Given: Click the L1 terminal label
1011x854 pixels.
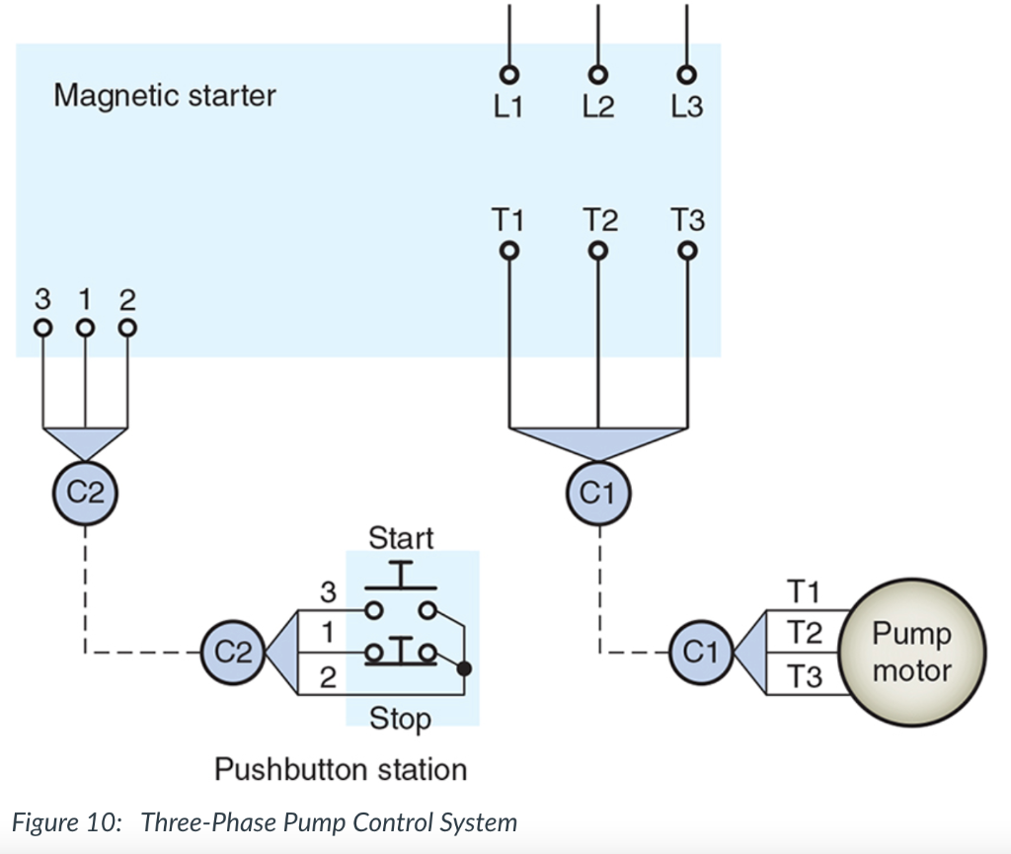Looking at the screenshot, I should click(507, 107).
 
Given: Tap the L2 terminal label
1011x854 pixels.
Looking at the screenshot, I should click(596, 107).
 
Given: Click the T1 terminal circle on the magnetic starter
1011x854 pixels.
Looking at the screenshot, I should click(508, 251).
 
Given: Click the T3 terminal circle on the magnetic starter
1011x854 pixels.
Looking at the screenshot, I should click(688, 251).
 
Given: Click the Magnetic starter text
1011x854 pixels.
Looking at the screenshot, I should click(165, 96).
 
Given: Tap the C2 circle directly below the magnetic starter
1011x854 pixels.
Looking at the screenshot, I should click(84, 491).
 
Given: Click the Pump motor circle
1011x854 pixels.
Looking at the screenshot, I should click(911, 653).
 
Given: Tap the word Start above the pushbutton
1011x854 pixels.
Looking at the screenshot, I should click(401, 538).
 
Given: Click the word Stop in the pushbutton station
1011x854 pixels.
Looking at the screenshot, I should click(400, 719).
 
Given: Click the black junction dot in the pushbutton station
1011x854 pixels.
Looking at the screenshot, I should click(465, 669).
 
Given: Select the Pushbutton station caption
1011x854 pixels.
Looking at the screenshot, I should click(341, 769).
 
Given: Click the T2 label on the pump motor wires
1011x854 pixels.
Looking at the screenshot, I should click(805, 633).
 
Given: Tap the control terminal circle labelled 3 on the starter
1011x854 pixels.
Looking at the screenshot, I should click(41, 327).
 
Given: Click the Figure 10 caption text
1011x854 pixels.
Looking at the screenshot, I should click(264, 822).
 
